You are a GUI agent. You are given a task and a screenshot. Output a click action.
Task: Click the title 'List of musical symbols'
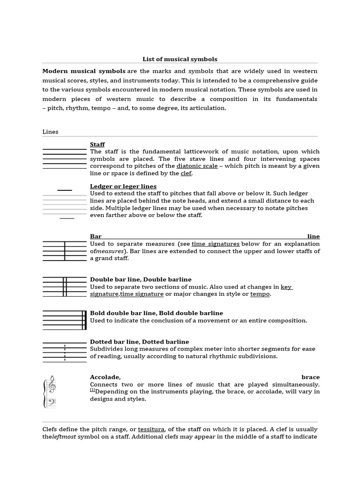coord(180,59)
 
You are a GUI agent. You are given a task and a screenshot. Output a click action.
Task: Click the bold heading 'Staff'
coord(97,144)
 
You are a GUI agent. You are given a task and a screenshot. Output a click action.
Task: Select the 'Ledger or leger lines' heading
coord(123,186)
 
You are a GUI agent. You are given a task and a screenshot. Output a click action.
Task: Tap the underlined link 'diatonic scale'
coord(197,166)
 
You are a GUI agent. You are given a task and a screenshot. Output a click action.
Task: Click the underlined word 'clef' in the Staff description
coord(186,173)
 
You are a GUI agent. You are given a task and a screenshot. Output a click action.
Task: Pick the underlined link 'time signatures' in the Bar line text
coord(216,244)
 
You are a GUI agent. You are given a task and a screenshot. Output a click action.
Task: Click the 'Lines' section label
coord(50,132)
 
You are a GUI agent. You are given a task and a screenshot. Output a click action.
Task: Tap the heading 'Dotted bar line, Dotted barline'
coord(139,342)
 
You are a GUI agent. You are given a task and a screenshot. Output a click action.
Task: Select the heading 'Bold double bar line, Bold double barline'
coord(156,313)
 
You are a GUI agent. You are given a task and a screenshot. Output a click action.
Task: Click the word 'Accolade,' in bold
coord(105,377)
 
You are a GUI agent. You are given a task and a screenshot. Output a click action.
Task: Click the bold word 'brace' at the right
coord(310,377)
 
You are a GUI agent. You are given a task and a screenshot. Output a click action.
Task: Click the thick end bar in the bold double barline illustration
coord(85,320)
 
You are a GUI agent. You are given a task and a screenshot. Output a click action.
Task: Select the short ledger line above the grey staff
coord(65,190)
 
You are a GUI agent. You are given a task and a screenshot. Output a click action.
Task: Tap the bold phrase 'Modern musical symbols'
coord(83,71)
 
